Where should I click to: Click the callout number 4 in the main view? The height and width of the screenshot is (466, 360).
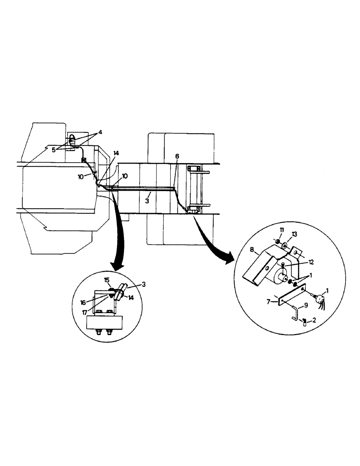point(100,132)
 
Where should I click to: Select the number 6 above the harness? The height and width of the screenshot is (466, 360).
point(177,158)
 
